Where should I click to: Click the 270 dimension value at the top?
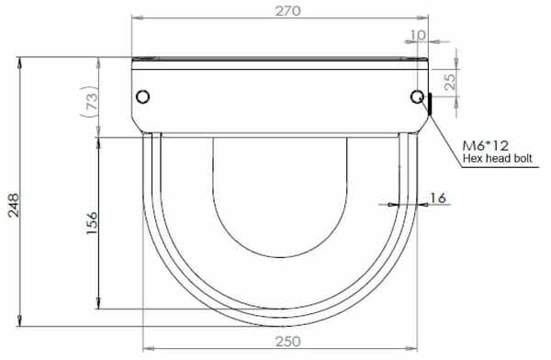tap(287, 11)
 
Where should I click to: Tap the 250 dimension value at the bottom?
tap(287, 342)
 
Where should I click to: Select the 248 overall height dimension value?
tap(14, 206)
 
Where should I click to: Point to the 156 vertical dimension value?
tap(91, 223)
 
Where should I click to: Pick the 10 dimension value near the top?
tap(418, 35)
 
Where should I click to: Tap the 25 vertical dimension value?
tap(449, 82)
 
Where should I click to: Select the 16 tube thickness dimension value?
tap(438, 198)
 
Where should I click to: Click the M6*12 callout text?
tap(485, 145)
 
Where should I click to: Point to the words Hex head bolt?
tap(497, 158)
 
